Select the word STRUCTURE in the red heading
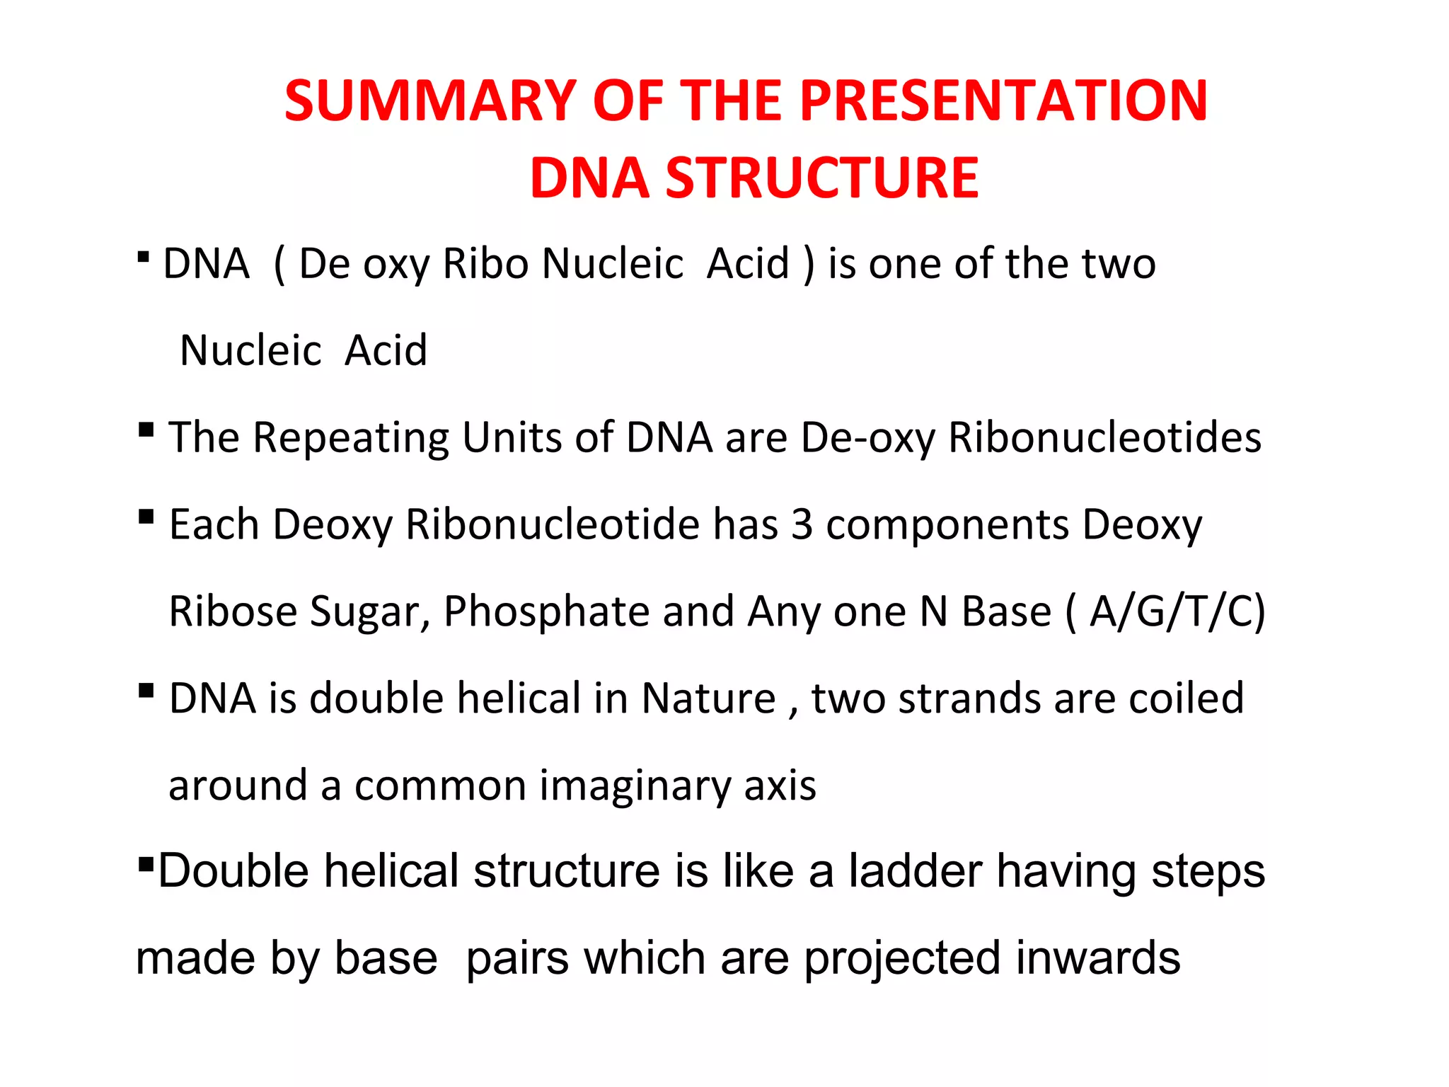[x=822, y=178]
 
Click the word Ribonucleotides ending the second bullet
[x=1104, y=437]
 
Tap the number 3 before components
[x=802, y=525]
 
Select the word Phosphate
[x=546, y=612]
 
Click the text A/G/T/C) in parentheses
[x=1177, y=612]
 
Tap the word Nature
[x=709, y=699]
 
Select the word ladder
[x=916, y=871]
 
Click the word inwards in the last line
[x=1098, y=958]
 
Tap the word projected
[x=901, y=960]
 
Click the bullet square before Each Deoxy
[x=146, y=517]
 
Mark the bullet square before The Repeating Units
[x=146, y=430]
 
